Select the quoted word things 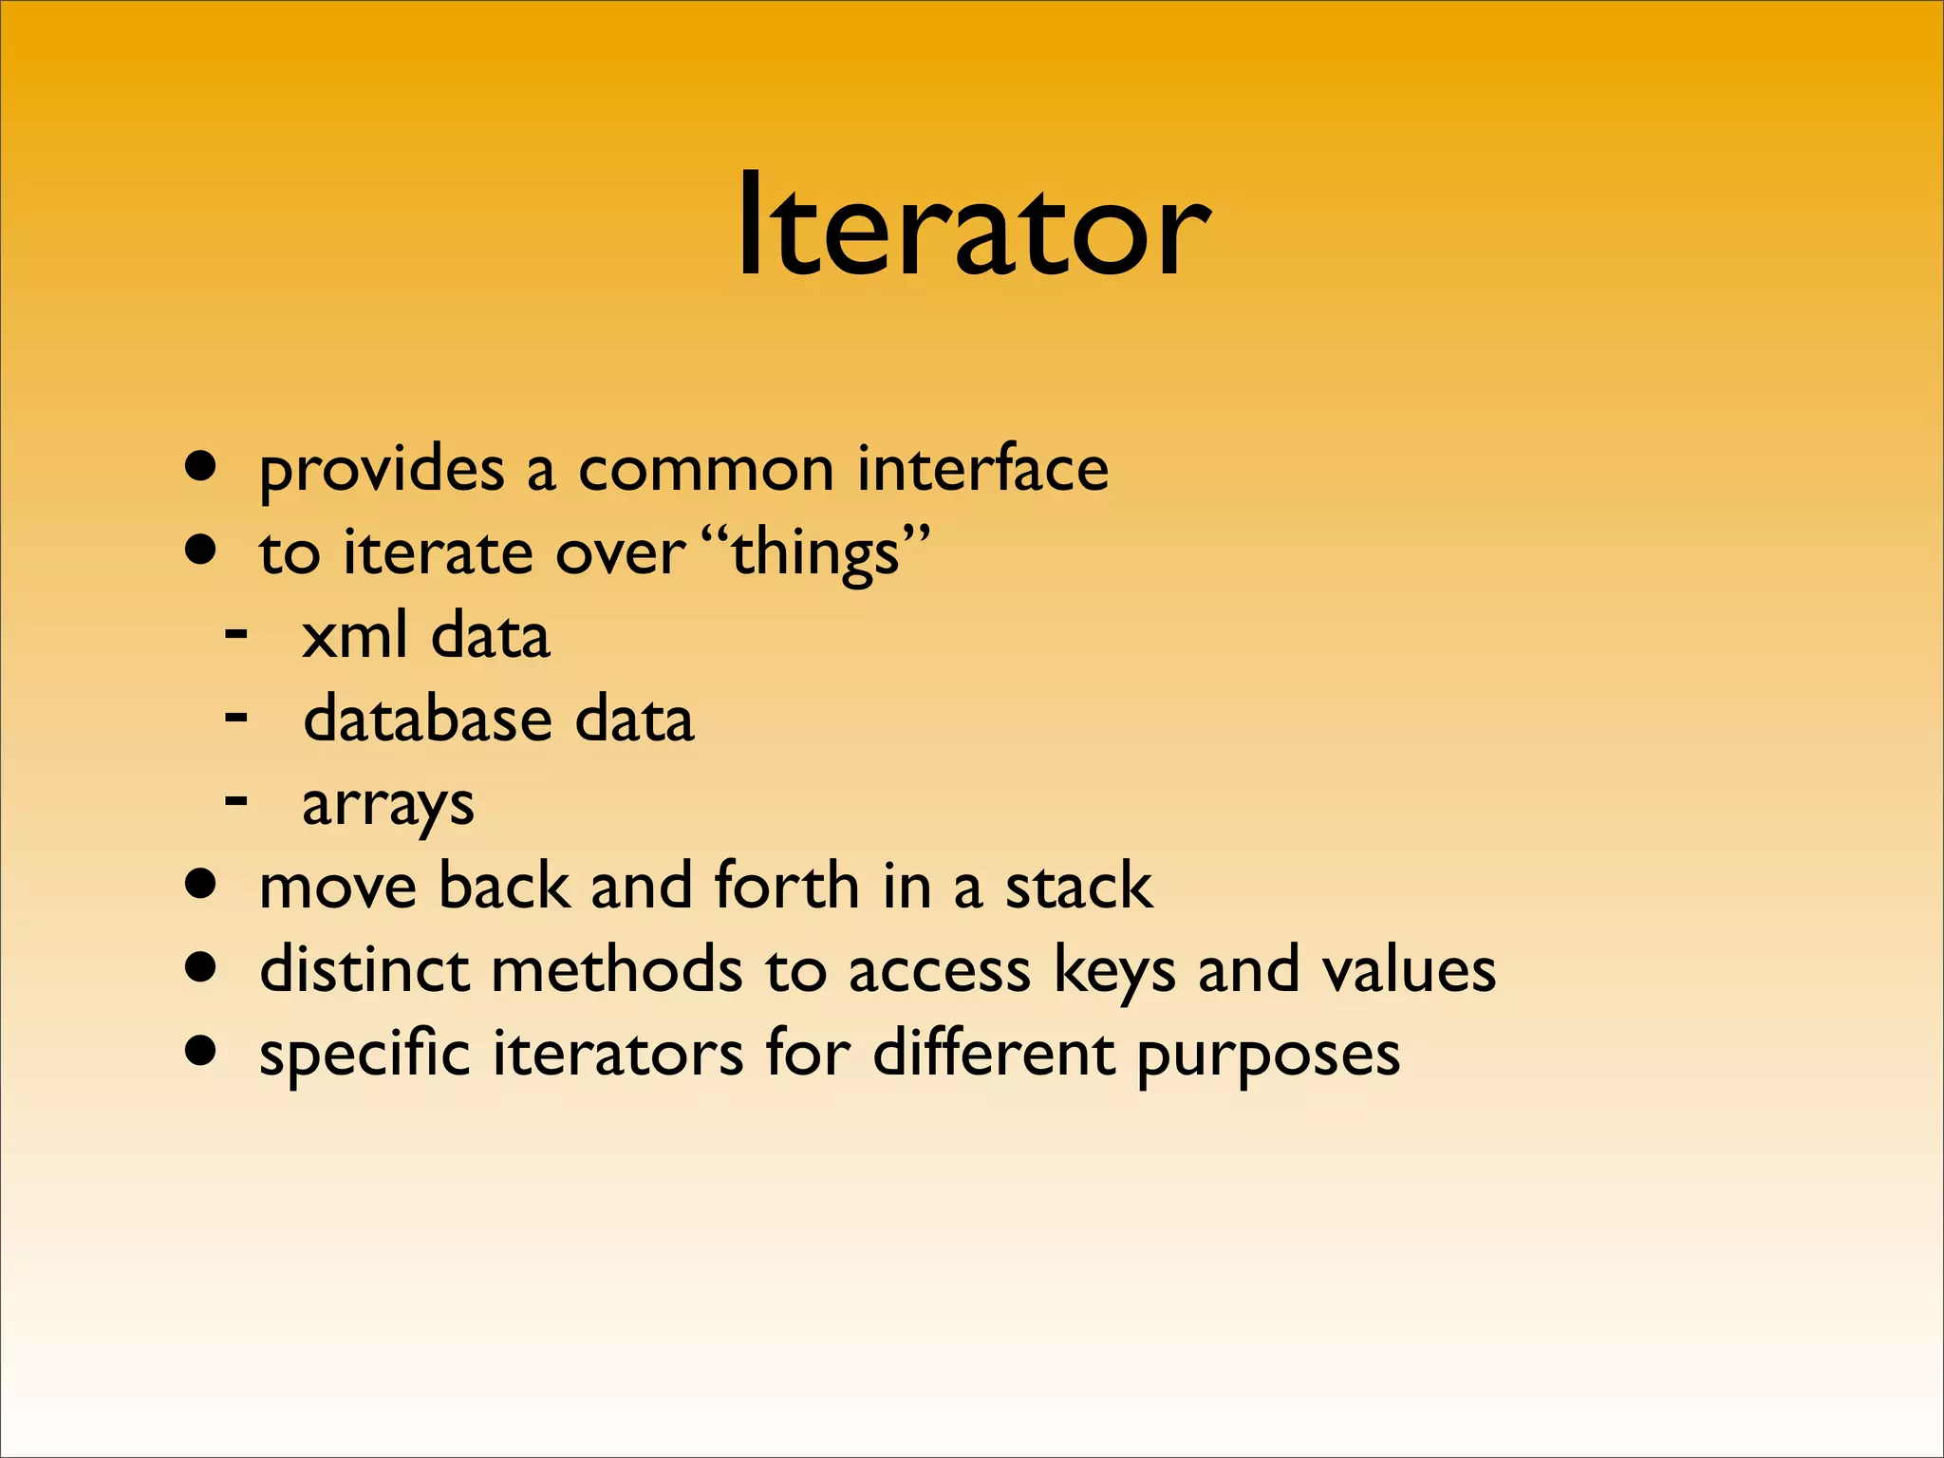click(x=815, y=553)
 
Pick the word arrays click(x=387, y=805)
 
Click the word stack click(x=1079, y=886)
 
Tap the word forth click(x=787, y=886)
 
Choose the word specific click(x=364, y=1055)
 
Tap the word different click(x=993, y=1053)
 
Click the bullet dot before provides click(x=200, y=467)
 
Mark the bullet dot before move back click(x=200, y=885)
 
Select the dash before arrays click(x=236, y=799)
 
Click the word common click(x=705, y=470)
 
